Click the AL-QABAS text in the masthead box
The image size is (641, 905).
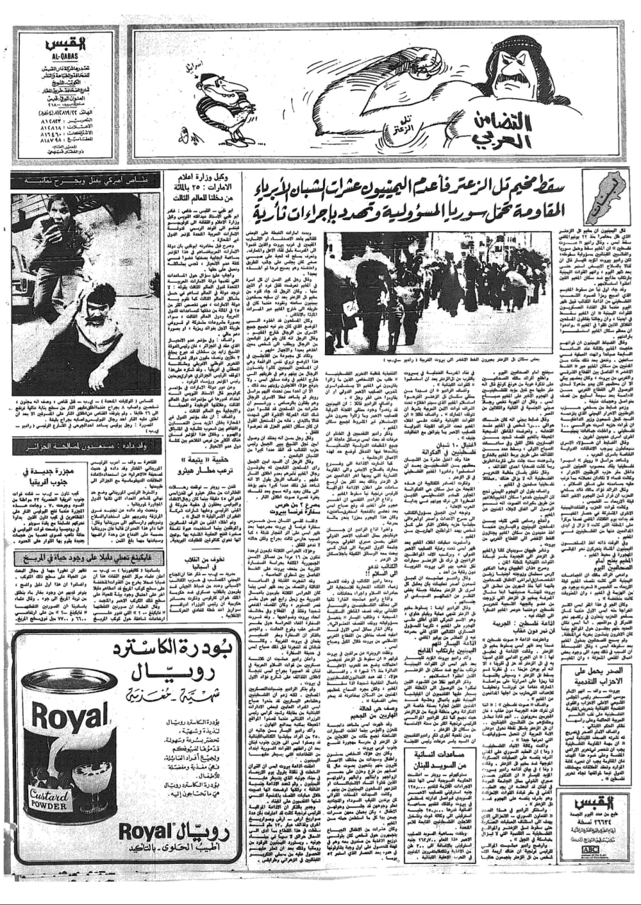[63, 54]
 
